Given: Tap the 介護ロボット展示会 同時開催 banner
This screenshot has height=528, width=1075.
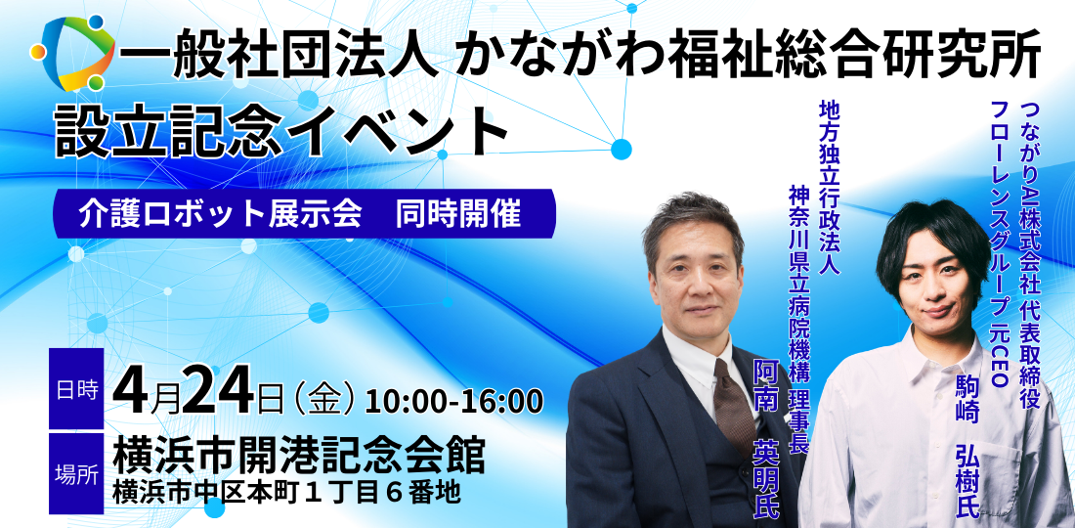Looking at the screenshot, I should [302, 214].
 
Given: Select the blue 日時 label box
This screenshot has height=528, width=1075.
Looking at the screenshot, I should [76, 389].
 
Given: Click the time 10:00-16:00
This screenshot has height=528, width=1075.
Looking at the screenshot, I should [453, 400].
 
